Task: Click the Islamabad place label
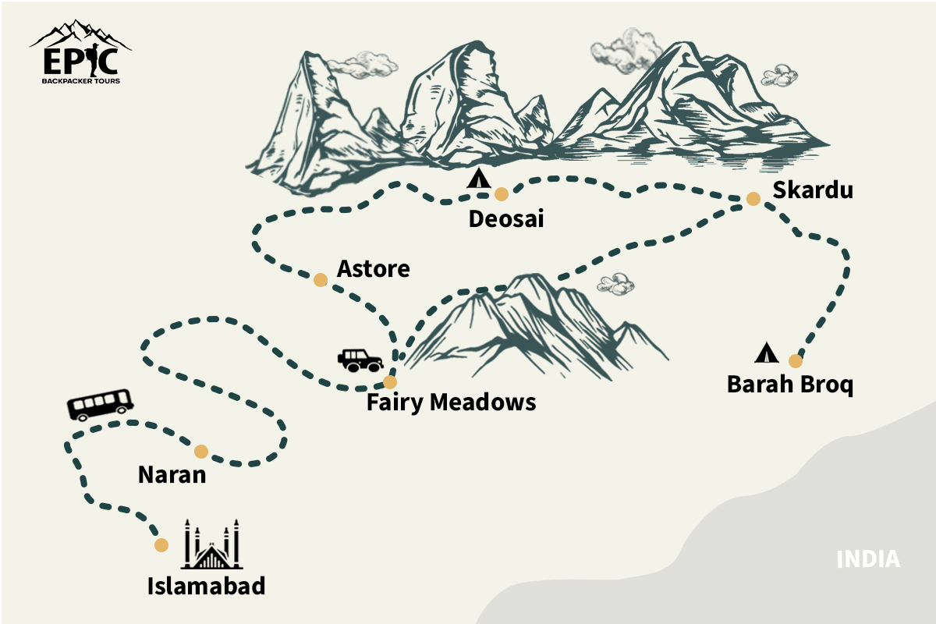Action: click(207, 586)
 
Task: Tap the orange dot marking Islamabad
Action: click(161, 545)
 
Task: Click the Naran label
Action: click(172, 473)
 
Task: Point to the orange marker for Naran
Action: click(201, 451)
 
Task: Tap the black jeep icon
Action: click(360, 360)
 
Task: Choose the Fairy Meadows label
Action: click(452, 402)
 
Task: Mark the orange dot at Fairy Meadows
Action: click(390, 382)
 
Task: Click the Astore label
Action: click(374, 269)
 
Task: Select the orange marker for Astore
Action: click(320, 280)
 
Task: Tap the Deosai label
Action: click(505, 219)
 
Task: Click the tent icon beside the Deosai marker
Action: click(478, 179)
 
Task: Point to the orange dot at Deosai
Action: click(501, 194)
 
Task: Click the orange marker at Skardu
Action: click(753, 199)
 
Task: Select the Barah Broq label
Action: click(790, 385)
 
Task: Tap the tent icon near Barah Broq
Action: click(766, 353)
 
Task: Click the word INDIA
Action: click(868, 559)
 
